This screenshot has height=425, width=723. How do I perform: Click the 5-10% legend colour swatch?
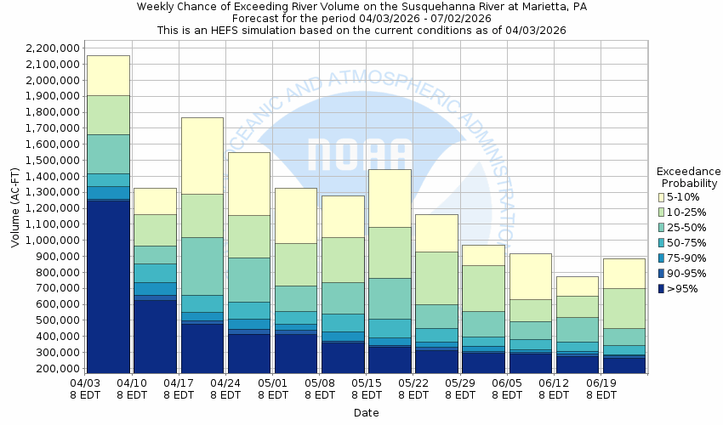(x=661, y=197)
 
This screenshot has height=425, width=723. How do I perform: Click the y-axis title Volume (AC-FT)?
(x=15, y=208)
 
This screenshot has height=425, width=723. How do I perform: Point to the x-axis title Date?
(x=367, y=412)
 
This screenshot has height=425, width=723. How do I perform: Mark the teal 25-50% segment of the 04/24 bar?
(x=249, y=280)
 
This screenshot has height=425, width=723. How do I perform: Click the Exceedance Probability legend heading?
(x=689, y=176)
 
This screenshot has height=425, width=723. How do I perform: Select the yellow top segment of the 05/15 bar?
(x=390, y=198)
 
